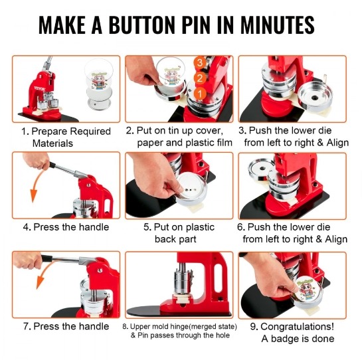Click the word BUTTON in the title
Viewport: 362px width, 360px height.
(142, 25)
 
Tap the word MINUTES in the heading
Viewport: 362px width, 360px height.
(277, 25)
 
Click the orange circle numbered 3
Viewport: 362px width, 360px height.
(200, 62)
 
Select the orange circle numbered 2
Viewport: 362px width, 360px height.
(200, 78)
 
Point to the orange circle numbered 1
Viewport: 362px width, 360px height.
(200, 94)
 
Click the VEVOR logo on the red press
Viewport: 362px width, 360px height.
(40, 88)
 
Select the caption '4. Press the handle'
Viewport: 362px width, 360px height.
(66, 227)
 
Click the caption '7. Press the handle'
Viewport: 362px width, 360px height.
(66, 326)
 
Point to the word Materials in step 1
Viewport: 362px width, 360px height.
(52, 143)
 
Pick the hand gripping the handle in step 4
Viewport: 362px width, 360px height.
(37, 161)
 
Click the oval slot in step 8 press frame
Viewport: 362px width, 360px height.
(218, 278)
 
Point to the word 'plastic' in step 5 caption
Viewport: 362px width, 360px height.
(200, 227)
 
